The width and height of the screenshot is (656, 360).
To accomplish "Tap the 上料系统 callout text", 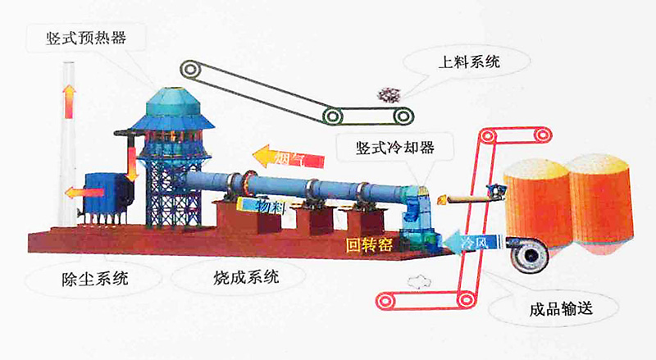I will pyautogui.click(x=470, y=59).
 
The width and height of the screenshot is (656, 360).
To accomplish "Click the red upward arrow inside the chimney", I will pyautogui.click(x=69, y=102).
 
